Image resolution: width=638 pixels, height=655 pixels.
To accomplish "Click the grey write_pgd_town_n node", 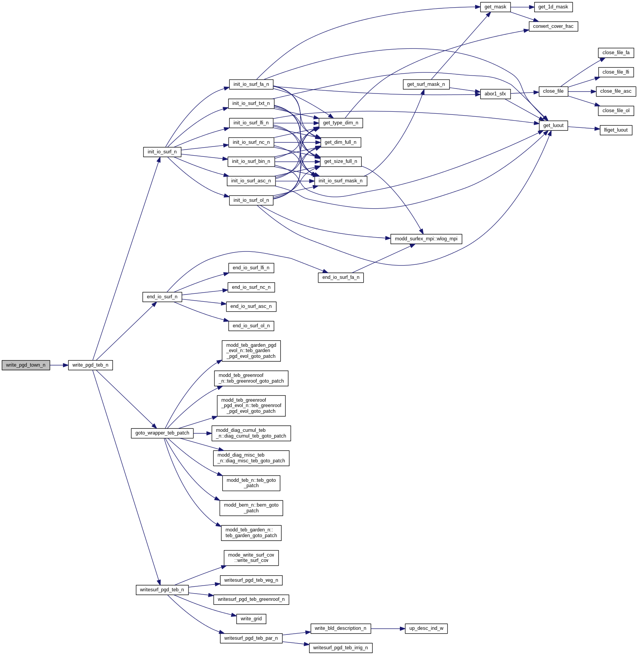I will point(26,365).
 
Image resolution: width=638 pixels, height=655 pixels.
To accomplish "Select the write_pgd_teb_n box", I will point(90,365).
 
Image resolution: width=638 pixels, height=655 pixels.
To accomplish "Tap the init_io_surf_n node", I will point(162,152).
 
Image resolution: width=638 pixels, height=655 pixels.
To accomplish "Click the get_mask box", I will point(495,7).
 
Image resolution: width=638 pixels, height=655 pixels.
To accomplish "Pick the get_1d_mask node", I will point(553,7).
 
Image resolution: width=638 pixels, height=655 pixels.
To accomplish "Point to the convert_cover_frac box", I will point(553,26).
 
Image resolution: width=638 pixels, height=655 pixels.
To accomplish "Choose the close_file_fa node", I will point(615,53).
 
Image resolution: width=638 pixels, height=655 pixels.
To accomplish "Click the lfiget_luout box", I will point(615,130).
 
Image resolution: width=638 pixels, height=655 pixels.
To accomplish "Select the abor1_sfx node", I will point(495,94).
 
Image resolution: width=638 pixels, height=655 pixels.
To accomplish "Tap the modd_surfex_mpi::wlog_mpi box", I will point(426,239).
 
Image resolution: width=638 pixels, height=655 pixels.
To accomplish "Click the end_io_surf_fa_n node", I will point(340,277).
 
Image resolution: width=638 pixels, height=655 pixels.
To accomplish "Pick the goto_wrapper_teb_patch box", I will point(162,433).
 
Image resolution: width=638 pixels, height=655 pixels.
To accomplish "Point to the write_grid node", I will point(251,619).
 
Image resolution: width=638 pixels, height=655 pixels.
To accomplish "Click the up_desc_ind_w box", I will point(426,628).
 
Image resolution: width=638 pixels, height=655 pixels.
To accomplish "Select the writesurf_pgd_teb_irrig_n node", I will point(340,648).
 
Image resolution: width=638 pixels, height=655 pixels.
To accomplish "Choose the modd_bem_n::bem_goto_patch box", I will point(251,508).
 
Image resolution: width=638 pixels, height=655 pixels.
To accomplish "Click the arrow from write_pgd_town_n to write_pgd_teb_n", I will point(59,365).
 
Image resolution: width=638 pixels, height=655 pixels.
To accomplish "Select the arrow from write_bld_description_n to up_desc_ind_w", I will point(388,628).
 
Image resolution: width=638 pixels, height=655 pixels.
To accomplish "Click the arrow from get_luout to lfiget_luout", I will point(583,128).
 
